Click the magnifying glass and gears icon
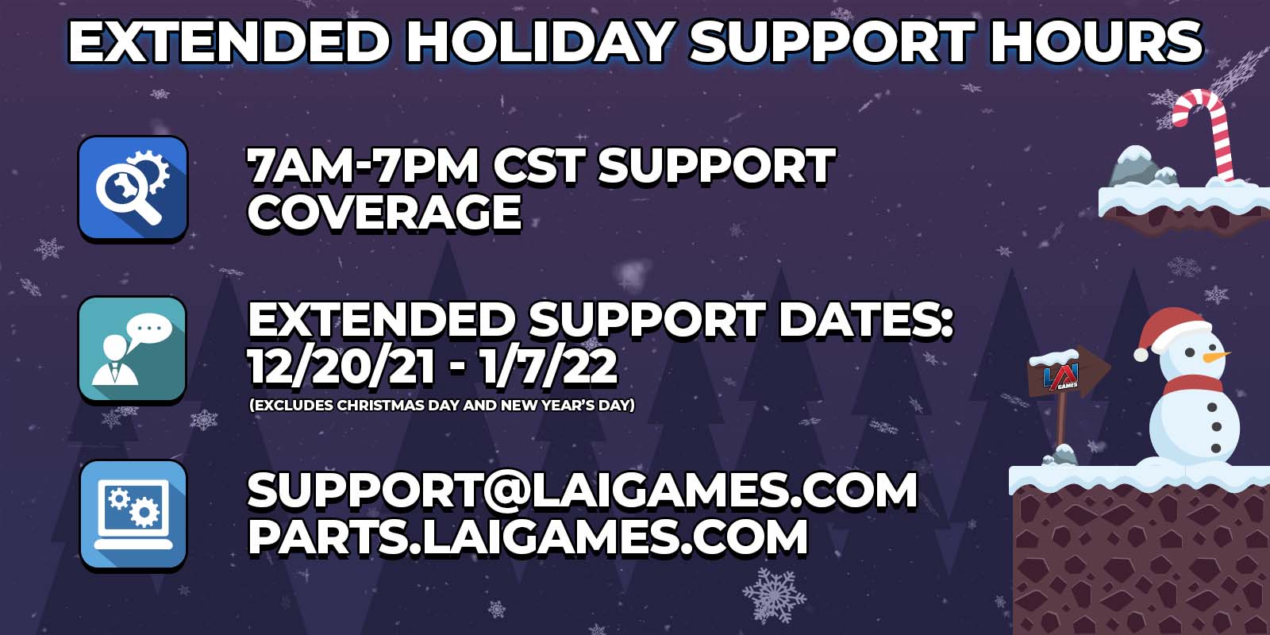(133, 188)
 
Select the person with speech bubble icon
(133, 349)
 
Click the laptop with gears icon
(133, 514)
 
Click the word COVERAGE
(384, 213)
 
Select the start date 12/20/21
(341, 367)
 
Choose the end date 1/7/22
(548, 367)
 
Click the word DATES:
(865, 320)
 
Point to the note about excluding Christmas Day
(442, 406)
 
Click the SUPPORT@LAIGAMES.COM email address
(582, 490)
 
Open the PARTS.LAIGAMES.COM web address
(528, 537)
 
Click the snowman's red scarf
(1194, 384)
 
